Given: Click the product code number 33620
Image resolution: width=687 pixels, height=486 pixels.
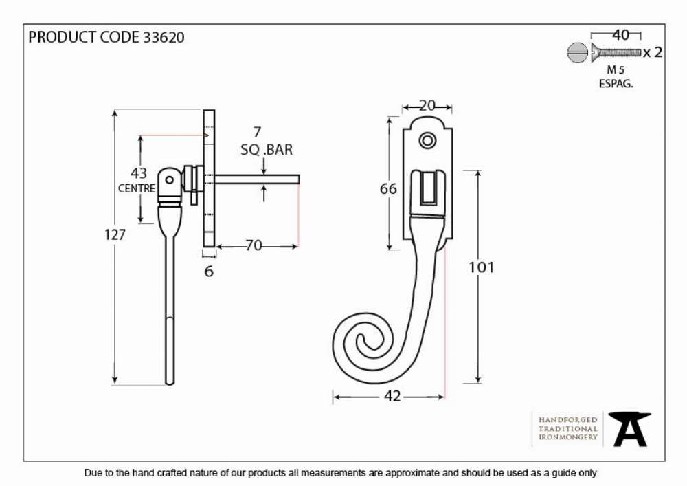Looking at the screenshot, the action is tap(164, 37).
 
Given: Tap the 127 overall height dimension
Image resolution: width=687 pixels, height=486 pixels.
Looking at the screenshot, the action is tap(115, 235).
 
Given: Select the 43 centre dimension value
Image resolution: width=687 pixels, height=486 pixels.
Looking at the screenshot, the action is tap(139, 173).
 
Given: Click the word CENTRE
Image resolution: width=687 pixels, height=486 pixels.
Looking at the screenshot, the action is tap(137, 188).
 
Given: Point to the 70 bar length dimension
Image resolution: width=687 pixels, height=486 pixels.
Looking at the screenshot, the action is tap(254, 245).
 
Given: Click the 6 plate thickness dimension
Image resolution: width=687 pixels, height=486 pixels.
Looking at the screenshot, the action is tap(209, 272).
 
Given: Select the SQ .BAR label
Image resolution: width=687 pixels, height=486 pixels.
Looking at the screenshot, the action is tap(267, 150).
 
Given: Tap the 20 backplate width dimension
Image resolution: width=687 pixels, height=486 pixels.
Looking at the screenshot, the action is tap(427, 106).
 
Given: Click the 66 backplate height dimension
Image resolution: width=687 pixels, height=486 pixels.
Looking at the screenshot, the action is tap(388, 189).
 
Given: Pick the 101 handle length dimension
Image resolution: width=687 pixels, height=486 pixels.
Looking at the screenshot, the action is tap(481, 267).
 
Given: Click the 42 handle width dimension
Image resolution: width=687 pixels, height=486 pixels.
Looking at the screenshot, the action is tap(392, 396).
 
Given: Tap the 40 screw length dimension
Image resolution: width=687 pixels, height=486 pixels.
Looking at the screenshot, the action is tap(620, 35).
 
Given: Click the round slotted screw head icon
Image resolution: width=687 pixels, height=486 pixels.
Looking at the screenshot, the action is tap(577, 53).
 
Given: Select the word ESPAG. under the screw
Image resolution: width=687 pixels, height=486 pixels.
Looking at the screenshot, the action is tap(616, 84).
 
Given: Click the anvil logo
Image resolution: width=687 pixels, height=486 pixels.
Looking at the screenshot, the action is tap(629, 429).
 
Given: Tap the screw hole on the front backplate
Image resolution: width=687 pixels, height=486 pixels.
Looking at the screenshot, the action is tap(427, 141).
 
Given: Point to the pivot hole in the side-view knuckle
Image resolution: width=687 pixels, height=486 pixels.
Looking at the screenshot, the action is tap(169, 179).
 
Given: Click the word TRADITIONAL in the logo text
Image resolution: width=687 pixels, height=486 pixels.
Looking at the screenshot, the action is tap(568, 428).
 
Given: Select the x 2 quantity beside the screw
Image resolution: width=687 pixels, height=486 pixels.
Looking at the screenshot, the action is tap(653, 53).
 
